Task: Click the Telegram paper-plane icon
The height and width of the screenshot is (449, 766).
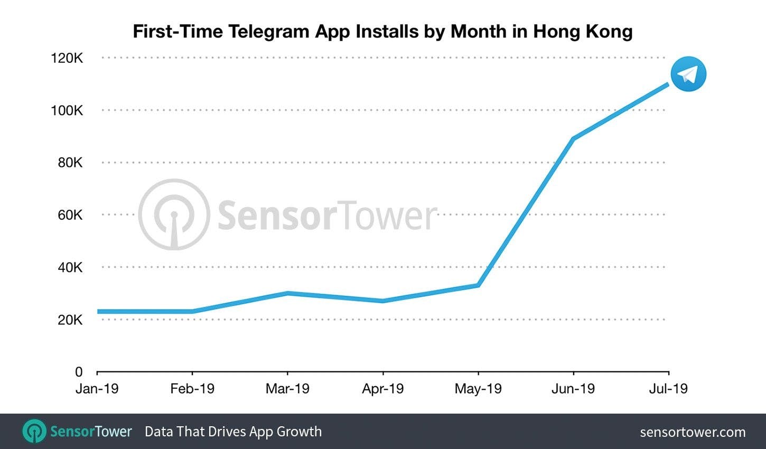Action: (x=688, y=74)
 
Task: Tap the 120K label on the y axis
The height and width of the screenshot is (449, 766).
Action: (x=67, y=58)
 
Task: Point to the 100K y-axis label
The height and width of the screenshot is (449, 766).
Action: (x=67, y=110)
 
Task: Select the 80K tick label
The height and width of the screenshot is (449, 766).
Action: (x=70, y=163)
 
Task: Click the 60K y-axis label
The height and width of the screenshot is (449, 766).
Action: (x=70, y=215)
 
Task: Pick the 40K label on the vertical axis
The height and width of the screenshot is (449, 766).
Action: (x=70, y=267)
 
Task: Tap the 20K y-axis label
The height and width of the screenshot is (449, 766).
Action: (x=70, y=320)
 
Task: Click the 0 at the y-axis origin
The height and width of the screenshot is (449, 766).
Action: (x=79, y=372)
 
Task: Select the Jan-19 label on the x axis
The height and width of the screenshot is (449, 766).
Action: (x=97, y=389)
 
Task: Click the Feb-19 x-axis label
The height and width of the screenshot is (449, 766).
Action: (x=192, y=389)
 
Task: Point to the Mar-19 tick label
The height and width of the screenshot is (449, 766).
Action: (x=287, y=389)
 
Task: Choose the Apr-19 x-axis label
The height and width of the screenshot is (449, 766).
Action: (x=382, y=389)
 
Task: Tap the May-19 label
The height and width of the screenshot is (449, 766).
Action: (x=478, y=389)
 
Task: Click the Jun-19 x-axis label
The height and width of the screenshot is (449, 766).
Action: (x=573, y=389)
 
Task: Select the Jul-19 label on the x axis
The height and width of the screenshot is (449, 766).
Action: (x=668, y=389)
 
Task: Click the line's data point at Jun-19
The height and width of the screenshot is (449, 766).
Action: (x=573, y=139)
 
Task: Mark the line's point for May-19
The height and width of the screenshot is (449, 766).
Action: (x=478, y=285)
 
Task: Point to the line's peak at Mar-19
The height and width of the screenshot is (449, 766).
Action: (x=287, y=293)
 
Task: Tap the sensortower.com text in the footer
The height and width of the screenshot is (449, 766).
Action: (x=693, y=432)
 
